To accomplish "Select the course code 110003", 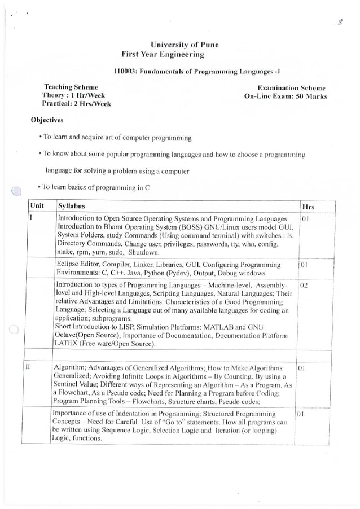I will pyautogui.click(x=125, y=72).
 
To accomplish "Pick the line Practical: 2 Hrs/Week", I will pyautogui.click(x=76, y=104).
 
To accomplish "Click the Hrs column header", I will pyautogui.click(x=308, y=207).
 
